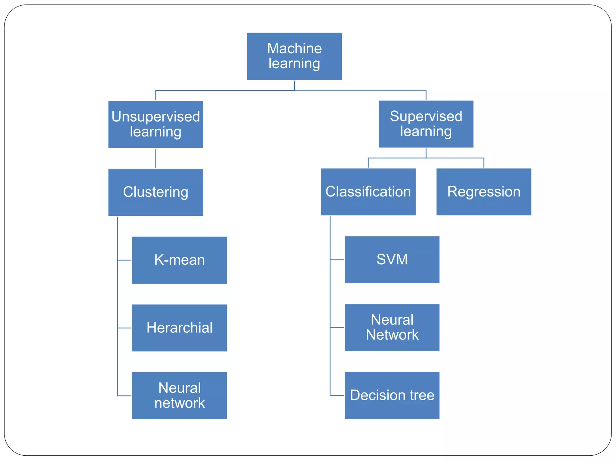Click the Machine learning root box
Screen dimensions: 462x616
click(294, 56)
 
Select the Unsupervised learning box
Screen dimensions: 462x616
click(156, 124)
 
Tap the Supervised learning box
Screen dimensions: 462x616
click(426, 124)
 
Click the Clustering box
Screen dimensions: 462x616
click(156, 192)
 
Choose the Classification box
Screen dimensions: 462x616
click(368, 192)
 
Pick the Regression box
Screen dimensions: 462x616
click(483, 192)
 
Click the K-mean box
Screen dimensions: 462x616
click(179, 260)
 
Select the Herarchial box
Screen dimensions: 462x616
click(179, 328)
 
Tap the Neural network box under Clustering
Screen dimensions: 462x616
click(179, 395)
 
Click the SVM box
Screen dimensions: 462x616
click(392, 260)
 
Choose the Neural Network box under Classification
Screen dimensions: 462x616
click(392, 327)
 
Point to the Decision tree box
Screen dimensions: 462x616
click(392, 395)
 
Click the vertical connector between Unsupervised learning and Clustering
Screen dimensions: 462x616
click(156, 158)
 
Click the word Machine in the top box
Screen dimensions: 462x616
click(294, 48)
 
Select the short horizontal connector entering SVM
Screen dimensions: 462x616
click(337, 260)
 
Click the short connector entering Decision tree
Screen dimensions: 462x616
click(337, 395)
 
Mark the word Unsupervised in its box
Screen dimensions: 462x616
click(156, 117)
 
